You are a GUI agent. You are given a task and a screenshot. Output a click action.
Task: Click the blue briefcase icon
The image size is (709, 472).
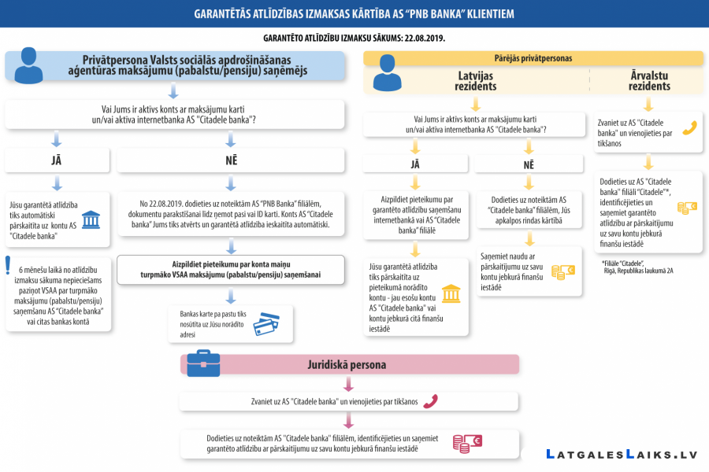coord(203,363)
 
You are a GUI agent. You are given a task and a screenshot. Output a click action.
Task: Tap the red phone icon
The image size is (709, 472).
coord(430,401)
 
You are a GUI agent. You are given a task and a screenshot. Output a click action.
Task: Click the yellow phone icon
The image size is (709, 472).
coord(689,128)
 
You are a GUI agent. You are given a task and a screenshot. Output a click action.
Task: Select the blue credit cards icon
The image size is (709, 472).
coord(266,324)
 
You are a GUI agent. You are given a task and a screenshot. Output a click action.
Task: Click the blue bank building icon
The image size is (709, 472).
coord(91,220)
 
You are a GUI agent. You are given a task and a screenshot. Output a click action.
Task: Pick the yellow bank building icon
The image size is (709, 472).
coord(451,293)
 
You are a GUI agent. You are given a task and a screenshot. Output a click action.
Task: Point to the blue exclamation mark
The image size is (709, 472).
coord(8,266)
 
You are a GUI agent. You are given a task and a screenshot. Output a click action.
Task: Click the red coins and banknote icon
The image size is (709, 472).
coord(467,444)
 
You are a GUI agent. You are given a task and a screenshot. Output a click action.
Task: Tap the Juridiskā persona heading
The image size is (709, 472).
coord(347,365)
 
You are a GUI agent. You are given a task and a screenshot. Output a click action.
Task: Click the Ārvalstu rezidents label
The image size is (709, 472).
coord(649,81)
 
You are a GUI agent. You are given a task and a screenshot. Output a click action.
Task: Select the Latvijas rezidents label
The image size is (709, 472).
coord(475,81)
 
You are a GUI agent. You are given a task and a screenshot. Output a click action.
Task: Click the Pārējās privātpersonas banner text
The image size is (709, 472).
coord(533,58)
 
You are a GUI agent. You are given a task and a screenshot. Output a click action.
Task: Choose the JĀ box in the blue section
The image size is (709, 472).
coord(57,160)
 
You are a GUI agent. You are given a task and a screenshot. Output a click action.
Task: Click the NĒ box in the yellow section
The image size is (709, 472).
coord(529,165)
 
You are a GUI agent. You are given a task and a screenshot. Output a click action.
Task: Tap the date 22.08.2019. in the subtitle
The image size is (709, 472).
coord(425,39)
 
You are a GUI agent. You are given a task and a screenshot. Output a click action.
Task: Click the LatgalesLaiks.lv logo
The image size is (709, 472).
coord(622,455)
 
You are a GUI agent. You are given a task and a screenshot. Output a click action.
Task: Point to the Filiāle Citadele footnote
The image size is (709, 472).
coord(637,267)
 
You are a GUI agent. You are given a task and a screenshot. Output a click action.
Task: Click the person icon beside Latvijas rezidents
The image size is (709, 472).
coord(387,72)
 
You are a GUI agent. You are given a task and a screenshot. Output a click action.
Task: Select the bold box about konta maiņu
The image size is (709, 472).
coord(231,270)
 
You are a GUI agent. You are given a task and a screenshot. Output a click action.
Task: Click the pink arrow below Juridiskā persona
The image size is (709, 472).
coord(348,384)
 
